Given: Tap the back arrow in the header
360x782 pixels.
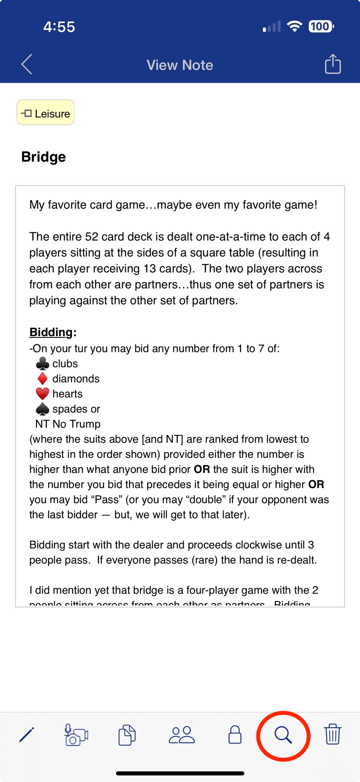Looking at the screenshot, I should click(x=27, y=64).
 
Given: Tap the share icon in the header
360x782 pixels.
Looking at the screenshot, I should click(x=333, y=64).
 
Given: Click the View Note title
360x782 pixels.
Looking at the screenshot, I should click(x=180, y=65).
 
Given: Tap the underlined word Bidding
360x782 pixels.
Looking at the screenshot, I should click(x=51, y=332).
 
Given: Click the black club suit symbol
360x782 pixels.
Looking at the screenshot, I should click(x=43, y=363).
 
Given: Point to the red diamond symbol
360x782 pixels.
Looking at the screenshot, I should click(x=43, y=378).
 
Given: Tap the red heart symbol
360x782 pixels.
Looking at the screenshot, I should click(x=43, y=394).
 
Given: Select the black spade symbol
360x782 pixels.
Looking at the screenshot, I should click(x=43, y=409).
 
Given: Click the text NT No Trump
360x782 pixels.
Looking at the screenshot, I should click(x=68, y=424).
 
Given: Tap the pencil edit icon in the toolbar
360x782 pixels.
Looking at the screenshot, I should click(x=26, y=735).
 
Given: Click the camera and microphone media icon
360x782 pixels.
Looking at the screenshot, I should click(x=76, y=735).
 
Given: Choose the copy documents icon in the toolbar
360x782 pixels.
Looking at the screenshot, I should click(x=127, y=735).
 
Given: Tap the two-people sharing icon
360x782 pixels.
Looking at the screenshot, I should click(x=182, y=735).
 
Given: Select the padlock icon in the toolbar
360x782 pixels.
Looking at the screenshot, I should click(x=235, y=735).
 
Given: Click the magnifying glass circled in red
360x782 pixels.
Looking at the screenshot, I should click(x=283, y=735).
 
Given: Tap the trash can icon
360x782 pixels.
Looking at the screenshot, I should click(x=333, y=734).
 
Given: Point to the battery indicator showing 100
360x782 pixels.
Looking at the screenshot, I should click(x=320, y=26).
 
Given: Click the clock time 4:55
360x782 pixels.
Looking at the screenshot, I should click(x=59, y=27).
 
